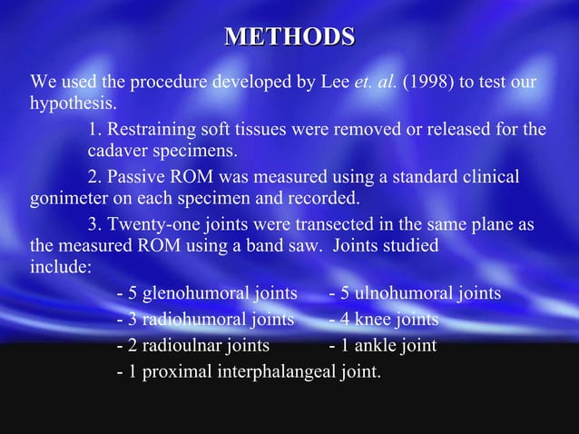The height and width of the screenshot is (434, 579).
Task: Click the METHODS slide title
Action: (289, 37)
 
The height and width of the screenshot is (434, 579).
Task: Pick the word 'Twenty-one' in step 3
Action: (148, 223)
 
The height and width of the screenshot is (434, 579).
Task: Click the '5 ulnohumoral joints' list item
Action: (414, 293)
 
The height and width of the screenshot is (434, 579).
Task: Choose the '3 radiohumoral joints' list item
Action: (206, 320)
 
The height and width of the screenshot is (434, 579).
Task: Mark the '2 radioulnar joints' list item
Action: (193, 346)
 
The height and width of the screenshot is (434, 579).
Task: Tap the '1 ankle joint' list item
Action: (382, 346)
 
